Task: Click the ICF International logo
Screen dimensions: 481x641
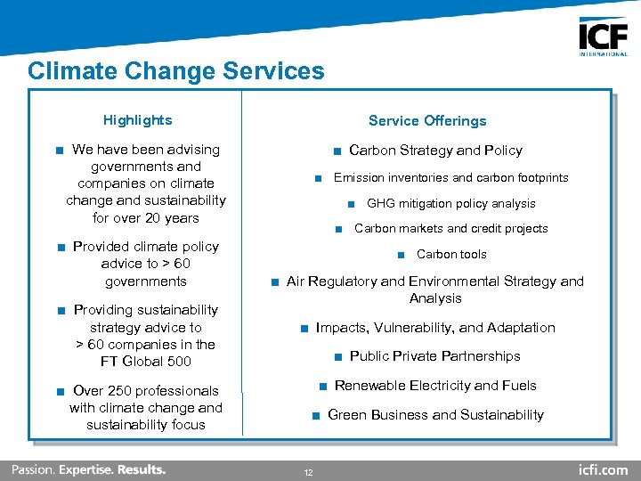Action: [603, 37]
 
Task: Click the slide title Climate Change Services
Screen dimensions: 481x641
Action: [176, 71]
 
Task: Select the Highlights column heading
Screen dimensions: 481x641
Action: [137, 120]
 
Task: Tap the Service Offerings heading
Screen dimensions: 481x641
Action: [427, 121]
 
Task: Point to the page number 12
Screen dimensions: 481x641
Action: [308, 472]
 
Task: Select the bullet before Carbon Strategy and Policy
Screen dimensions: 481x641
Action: [337, 151]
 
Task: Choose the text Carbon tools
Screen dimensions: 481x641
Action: [451, 255]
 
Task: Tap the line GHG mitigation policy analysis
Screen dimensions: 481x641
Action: [450, 204]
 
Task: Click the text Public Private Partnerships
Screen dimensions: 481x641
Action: [434, 356]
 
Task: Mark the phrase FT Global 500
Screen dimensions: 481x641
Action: [146, 362]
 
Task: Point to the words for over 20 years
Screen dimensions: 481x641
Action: [146, 218]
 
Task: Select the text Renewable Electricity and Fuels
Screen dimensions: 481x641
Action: [435, 386]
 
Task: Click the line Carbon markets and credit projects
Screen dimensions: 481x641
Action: [450, 229]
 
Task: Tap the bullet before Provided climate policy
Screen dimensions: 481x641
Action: [60, 247]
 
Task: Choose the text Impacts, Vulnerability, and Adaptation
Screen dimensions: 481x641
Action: [434, 328]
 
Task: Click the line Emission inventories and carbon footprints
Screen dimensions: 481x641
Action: [450, 178]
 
